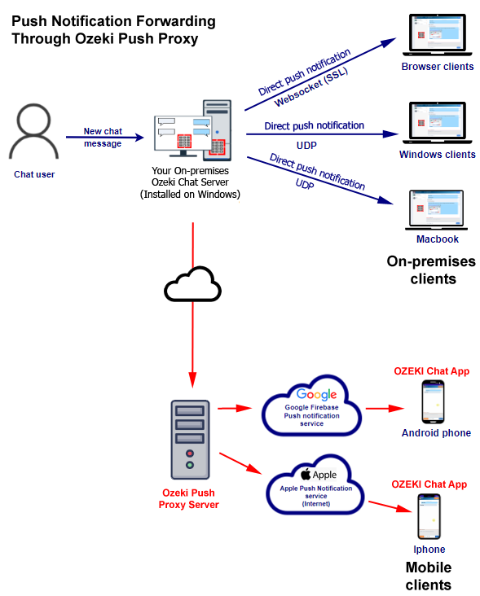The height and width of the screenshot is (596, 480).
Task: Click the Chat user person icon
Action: point(33,131)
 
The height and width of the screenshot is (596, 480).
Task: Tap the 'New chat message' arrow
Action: point(105,138)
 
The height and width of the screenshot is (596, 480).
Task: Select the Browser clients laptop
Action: point(438,35)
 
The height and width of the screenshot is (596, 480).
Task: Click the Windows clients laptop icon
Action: point(438,123)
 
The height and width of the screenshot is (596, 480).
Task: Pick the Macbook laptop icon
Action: point(437,210)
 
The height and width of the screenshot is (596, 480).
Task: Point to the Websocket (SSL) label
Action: point(311,87)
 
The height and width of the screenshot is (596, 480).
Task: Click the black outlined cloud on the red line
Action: point(192,284)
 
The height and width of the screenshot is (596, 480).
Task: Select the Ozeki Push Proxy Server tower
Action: point(190,440)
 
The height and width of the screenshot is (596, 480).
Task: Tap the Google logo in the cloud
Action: point(316,395)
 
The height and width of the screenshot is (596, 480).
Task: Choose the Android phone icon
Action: point(434,402)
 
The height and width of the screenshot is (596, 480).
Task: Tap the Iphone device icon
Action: point(429,516)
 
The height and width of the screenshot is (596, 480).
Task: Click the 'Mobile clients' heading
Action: point(429,576)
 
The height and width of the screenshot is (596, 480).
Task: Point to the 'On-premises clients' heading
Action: point(432,270)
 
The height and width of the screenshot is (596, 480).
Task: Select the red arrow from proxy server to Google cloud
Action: point(235,409)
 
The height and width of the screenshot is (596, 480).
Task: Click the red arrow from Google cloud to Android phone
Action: point(385,409)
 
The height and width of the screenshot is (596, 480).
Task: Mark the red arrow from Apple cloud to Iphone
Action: point(390,506)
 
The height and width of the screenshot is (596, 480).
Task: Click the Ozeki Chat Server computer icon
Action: point(193,130)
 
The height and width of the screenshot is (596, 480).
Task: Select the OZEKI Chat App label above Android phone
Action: point(432,371)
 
